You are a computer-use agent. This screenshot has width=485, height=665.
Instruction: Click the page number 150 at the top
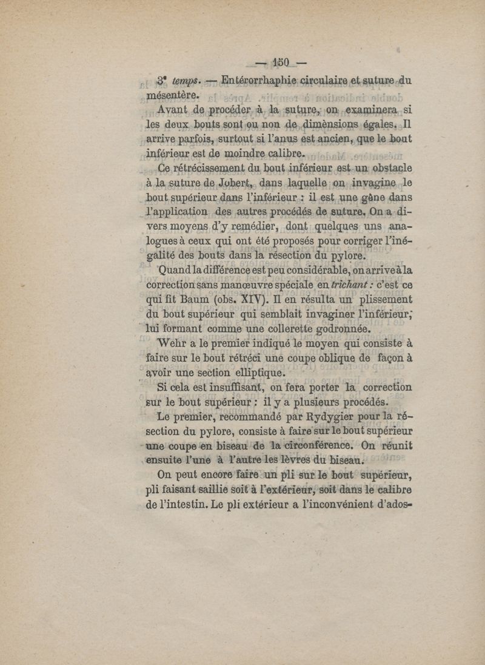[x=279, y=63]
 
